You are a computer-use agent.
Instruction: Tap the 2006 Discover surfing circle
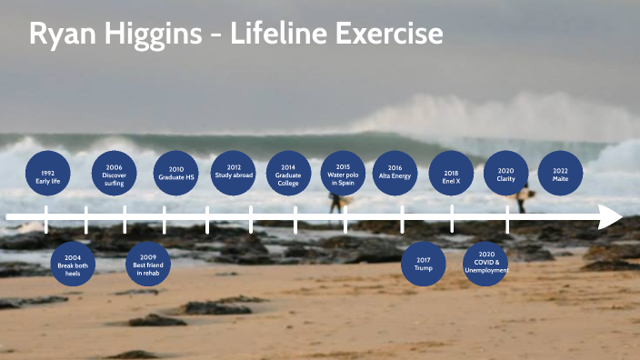(114, 174)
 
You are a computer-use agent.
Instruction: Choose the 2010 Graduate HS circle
(176, 174)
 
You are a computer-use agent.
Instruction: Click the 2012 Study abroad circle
(234, 174)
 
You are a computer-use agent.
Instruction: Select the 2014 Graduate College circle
(288, 174)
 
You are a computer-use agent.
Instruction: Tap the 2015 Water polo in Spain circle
(343, 174)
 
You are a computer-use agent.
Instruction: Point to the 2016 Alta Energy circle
(395, 174)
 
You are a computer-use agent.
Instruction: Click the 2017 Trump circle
(424, 264)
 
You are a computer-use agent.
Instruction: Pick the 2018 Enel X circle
(451, 174)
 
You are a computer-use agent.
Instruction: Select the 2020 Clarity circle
(505, 174)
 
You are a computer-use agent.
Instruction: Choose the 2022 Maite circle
(560, 174)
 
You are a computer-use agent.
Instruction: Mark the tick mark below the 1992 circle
(46, 219)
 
